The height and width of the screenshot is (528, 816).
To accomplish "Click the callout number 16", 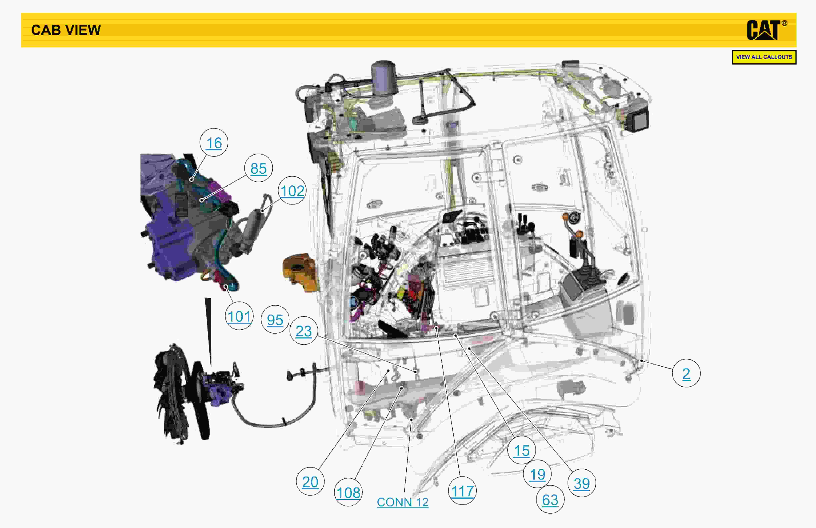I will [214, 143].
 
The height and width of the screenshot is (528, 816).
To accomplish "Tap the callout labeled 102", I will [292, 191].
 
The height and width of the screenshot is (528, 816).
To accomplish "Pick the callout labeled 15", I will [521, 450].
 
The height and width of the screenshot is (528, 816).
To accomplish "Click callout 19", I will [537, 474].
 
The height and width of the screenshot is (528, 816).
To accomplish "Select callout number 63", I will [550, 499].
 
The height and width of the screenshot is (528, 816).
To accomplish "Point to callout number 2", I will [686, 373].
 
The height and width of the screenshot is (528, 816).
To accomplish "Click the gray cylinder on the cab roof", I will [384, 77].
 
